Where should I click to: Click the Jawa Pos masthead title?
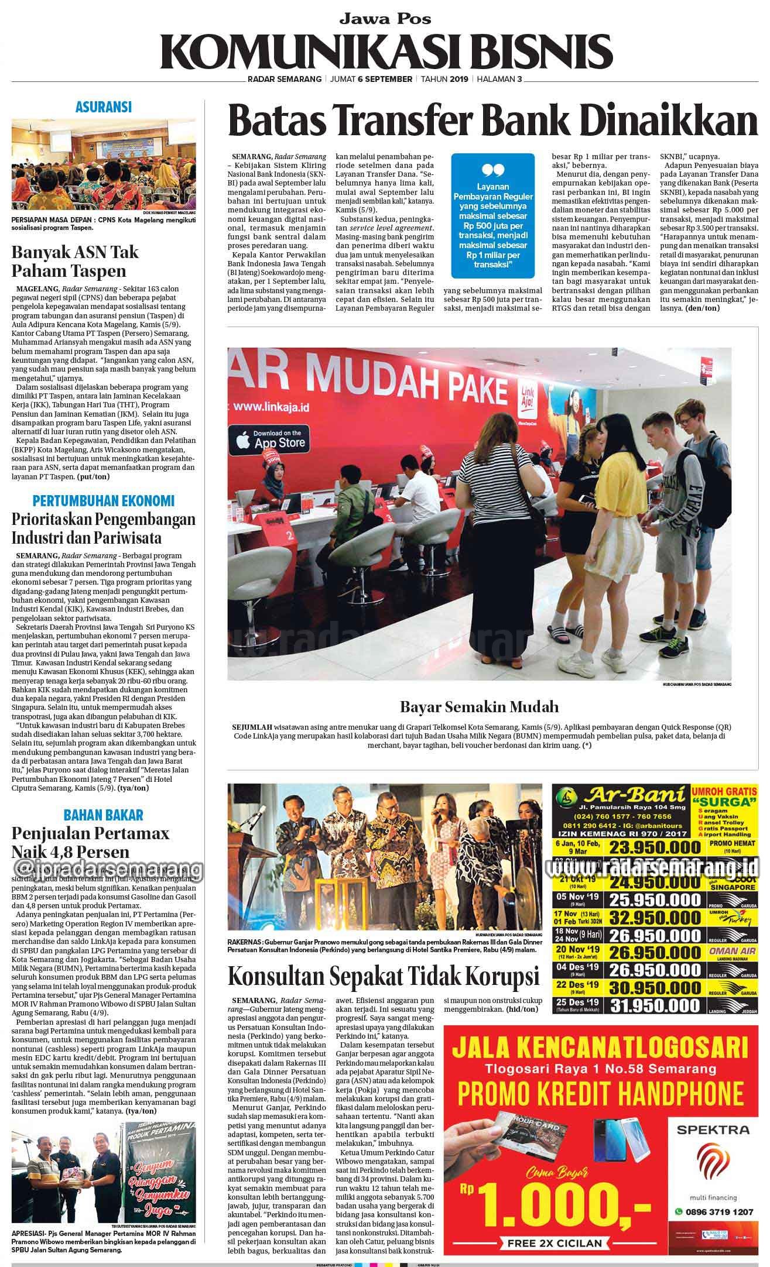click(x=385, y=19)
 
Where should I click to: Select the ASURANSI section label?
click(x=103, y=107)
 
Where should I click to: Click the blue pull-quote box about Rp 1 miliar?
click(x=492, y=216)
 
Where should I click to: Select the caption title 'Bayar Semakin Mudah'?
click(x=479, y=706)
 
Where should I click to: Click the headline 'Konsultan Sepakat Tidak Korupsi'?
click(x=383, y=977)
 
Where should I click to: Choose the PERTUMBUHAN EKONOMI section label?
click(x=103, y=501)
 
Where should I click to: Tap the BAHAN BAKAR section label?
click(x=103, y=814)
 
